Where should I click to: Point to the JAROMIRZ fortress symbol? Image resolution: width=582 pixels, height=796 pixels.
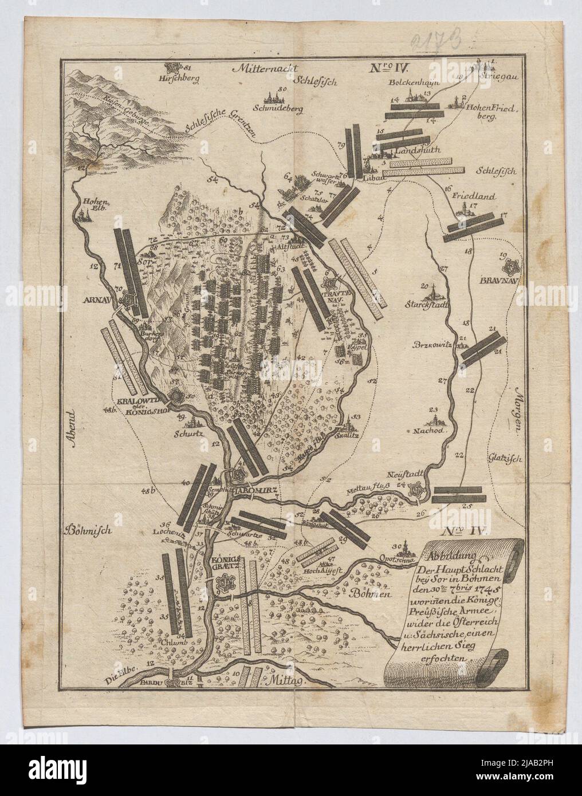pos(239,475)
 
